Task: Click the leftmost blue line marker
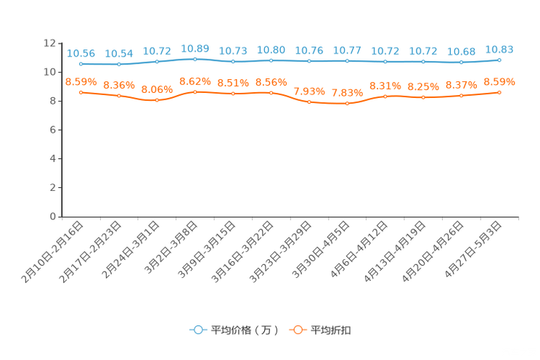[81, 64]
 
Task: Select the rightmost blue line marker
[499, 60]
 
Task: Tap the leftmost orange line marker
[81, 92]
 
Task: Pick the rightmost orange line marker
[499, 92]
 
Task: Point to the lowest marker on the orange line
[348, 104]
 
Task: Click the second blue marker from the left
[119, 65]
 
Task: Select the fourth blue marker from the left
[195, 59]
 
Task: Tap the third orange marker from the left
[157, 100]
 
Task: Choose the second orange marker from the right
[462, 96]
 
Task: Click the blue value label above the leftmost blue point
[81, 53]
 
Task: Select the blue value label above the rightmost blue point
[499, 49]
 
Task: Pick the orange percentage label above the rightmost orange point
[499, 81]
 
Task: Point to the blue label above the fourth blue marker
[195, 48]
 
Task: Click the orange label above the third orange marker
[157, 89]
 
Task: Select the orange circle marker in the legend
[297, 330]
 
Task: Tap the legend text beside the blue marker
[243, 330]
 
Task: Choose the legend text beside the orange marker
[332, 330]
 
